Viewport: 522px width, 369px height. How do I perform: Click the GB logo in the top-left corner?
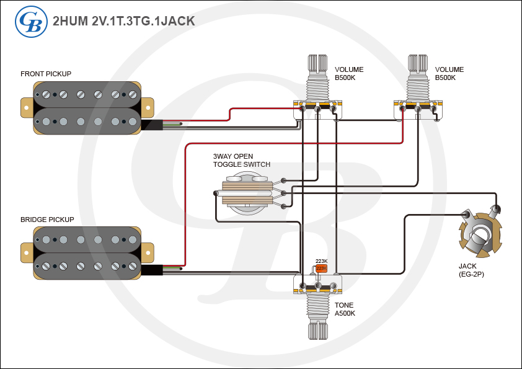point(30,20)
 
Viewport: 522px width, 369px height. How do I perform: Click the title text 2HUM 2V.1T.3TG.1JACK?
point(124,20)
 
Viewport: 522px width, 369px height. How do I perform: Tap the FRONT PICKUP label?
point(46,74)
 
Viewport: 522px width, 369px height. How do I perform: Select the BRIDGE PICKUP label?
point(47,220)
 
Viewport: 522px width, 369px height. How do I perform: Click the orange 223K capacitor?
point(321,269)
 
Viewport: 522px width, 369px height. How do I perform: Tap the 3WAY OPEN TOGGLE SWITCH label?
point(242,160)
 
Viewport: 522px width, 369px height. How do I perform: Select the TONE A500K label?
point(345,309)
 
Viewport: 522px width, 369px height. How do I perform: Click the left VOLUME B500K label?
point(349,73)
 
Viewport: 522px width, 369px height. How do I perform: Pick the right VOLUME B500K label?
point(449,73)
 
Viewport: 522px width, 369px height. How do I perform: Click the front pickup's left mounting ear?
point(27,106)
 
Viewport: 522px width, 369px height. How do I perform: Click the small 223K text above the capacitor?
point(321,261)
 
